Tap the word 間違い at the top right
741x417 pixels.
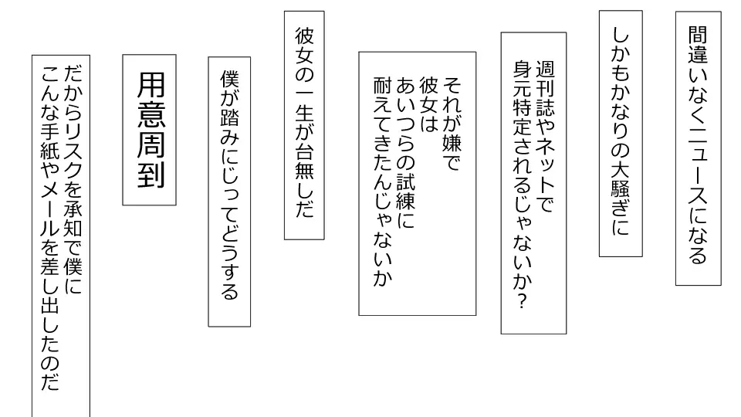[x=697, y=55]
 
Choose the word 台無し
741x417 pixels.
[x=303, y=178]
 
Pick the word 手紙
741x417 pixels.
[x=50, y=154]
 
